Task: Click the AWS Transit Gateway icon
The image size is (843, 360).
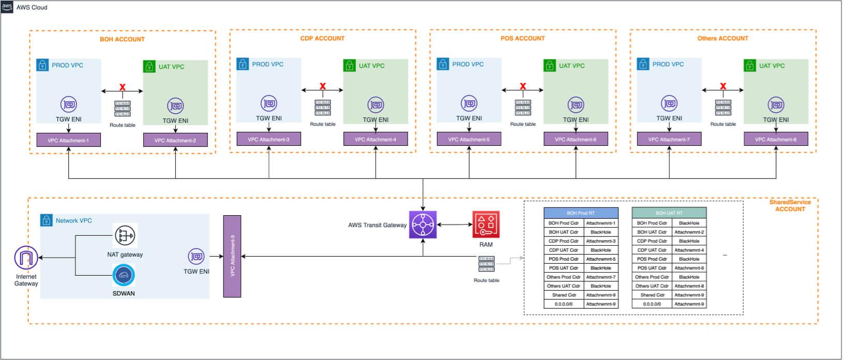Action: click(x=423, y=224)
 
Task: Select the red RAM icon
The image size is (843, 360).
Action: click(x=486, y=224)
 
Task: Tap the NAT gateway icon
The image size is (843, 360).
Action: click(x=125, y=236)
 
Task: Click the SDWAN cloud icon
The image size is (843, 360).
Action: click(x=124, y=276)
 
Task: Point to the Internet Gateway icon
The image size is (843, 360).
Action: click(x=26, y=258)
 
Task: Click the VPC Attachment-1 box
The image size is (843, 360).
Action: click(x=68, y=140)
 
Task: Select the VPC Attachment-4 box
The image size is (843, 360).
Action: click(x=375, y=139)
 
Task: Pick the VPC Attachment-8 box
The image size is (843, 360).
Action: click(x=776, y=139)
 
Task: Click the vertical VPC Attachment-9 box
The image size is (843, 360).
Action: click(x=232, y=257)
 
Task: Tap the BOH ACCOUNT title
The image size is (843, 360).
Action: click(x=122, y=39)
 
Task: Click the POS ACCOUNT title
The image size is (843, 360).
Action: click(x=522, y=38)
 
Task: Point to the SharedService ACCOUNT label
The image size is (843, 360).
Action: click(x=790, y=205)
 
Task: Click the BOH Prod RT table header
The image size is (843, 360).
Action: click(x=581, y=213)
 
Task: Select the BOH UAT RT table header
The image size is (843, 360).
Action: click(x=669, y=213)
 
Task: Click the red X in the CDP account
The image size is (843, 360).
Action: click(x=323, y=86)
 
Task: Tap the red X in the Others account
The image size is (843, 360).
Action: click(x=723, y=86)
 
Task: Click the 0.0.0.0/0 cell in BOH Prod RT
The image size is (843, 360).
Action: click(x=563, y=304)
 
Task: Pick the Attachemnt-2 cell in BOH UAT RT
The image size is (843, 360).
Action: click(x=689, y=232)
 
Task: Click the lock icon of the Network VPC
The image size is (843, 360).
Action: click(x=47, y=220)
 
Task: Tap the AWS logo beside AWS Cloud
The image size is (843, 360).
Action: click(x=7, y=7)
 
